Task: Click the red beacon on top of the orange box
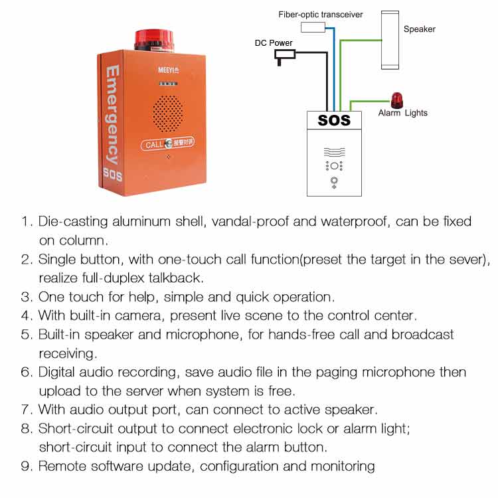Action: pos(154,39)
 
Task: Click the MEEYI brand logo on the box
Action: pos(168,68)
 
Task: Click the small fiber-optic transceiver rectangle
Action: pos(313,27)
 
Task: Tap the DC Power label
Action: pos(274,43)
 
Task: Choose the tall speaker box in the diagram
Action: pos(390,39)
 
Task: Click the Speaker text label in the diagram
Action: pos(420,29)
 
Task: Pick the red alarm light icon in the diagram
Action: pos(396,100)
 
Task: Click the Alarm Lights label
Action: pos(402,113)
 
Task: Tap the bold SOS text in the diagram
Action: pos(334,120)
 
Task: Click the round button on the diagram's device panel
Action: pos(333,179)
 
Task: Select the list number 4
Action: pos(26,315)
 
